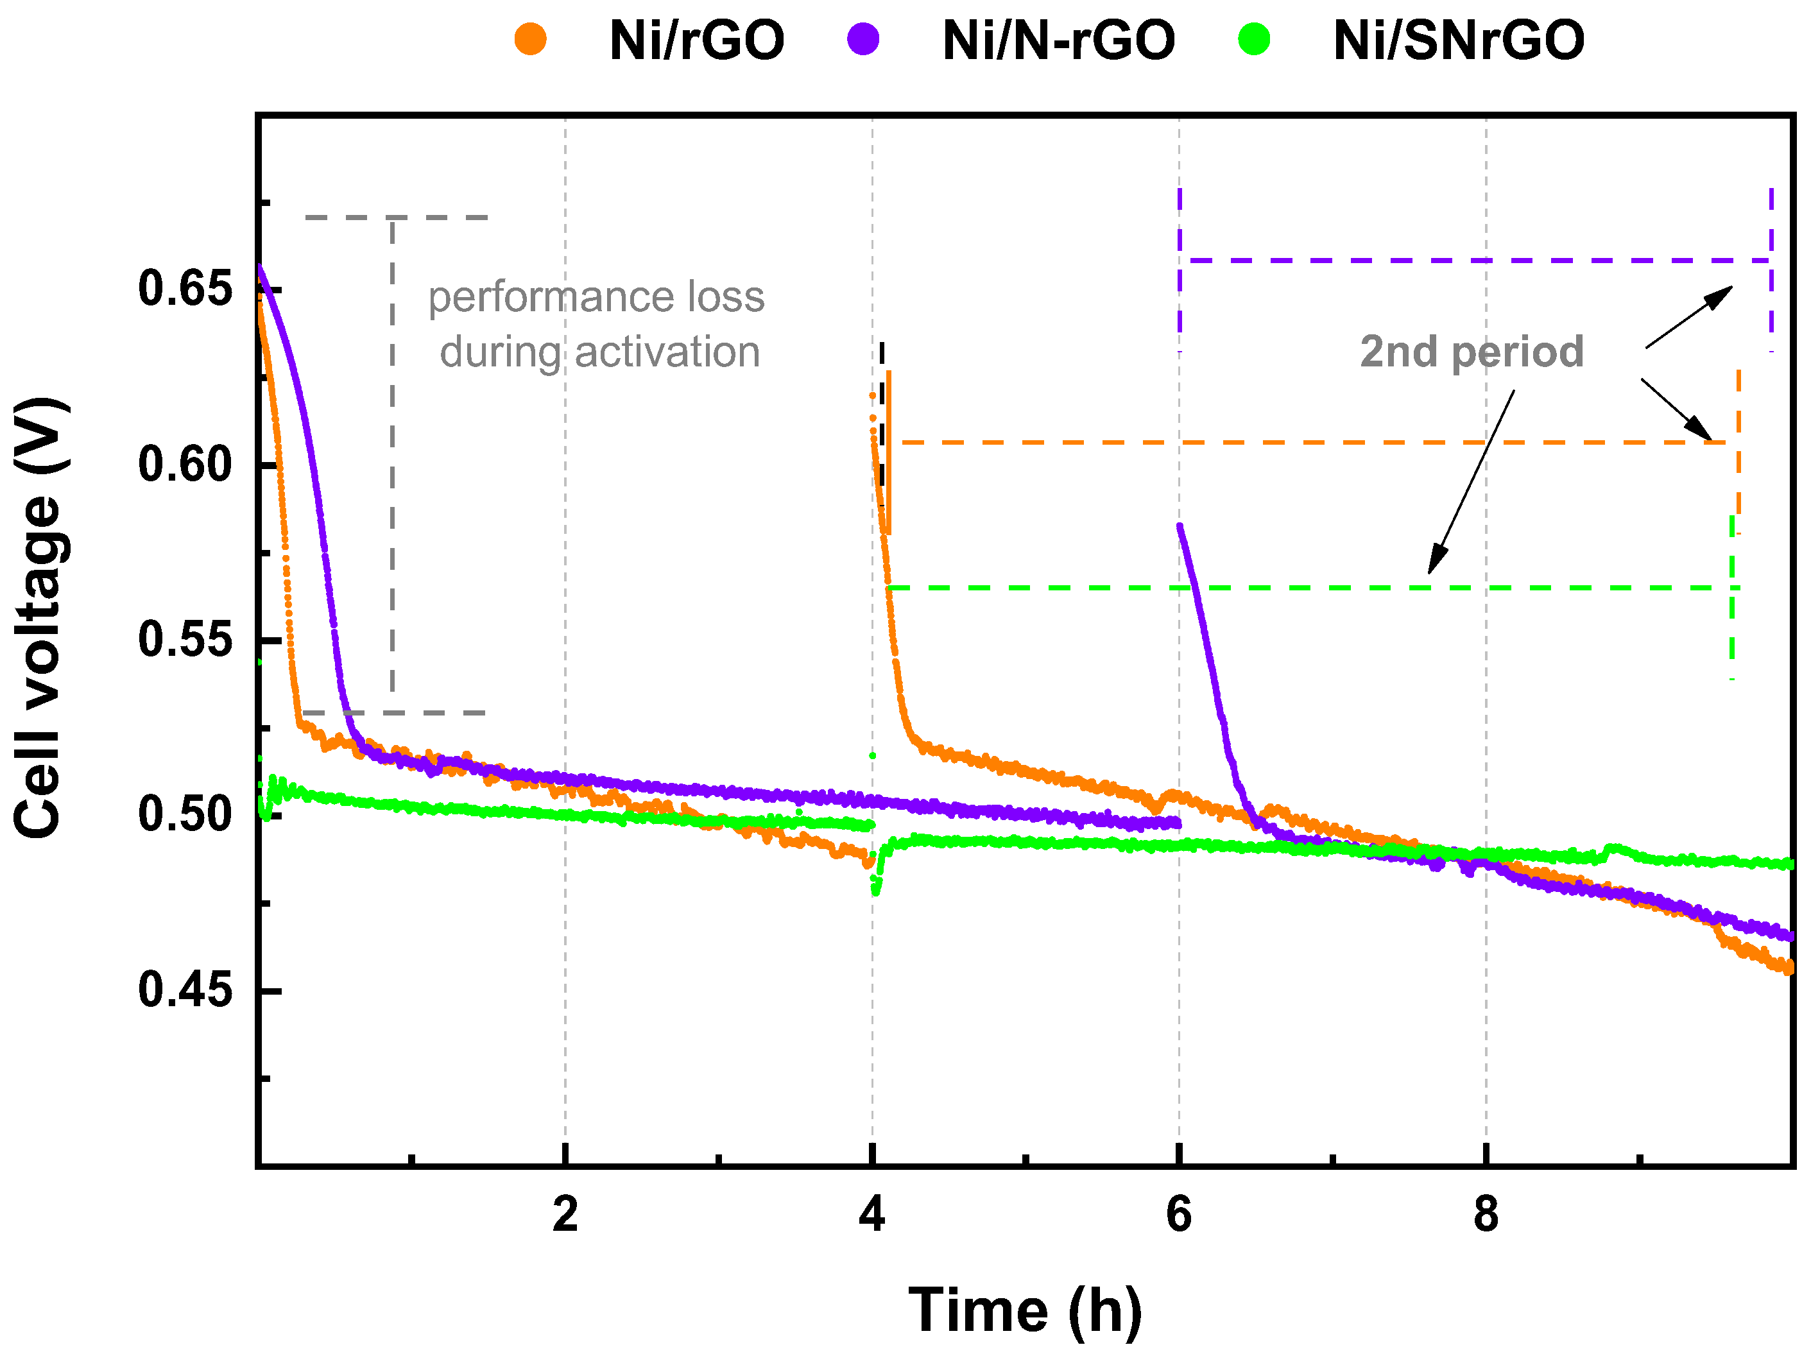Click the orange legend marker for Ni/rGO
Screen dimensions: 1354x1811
coord(531,39)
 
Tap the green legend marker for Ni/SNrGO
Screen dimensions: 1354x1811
coord(1254,39)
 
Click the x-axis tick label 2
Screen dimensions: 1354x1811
coord(565,1214)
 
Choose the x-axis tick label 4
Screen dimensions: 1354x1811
coord(872,1214)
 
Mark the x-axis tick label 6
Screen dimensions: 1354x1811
coord(1179,1214)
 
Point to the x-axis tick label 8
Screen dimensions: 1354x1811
coord(1486,1214)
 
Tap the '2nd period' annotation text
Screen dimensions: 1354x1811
coord(1472,352)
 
